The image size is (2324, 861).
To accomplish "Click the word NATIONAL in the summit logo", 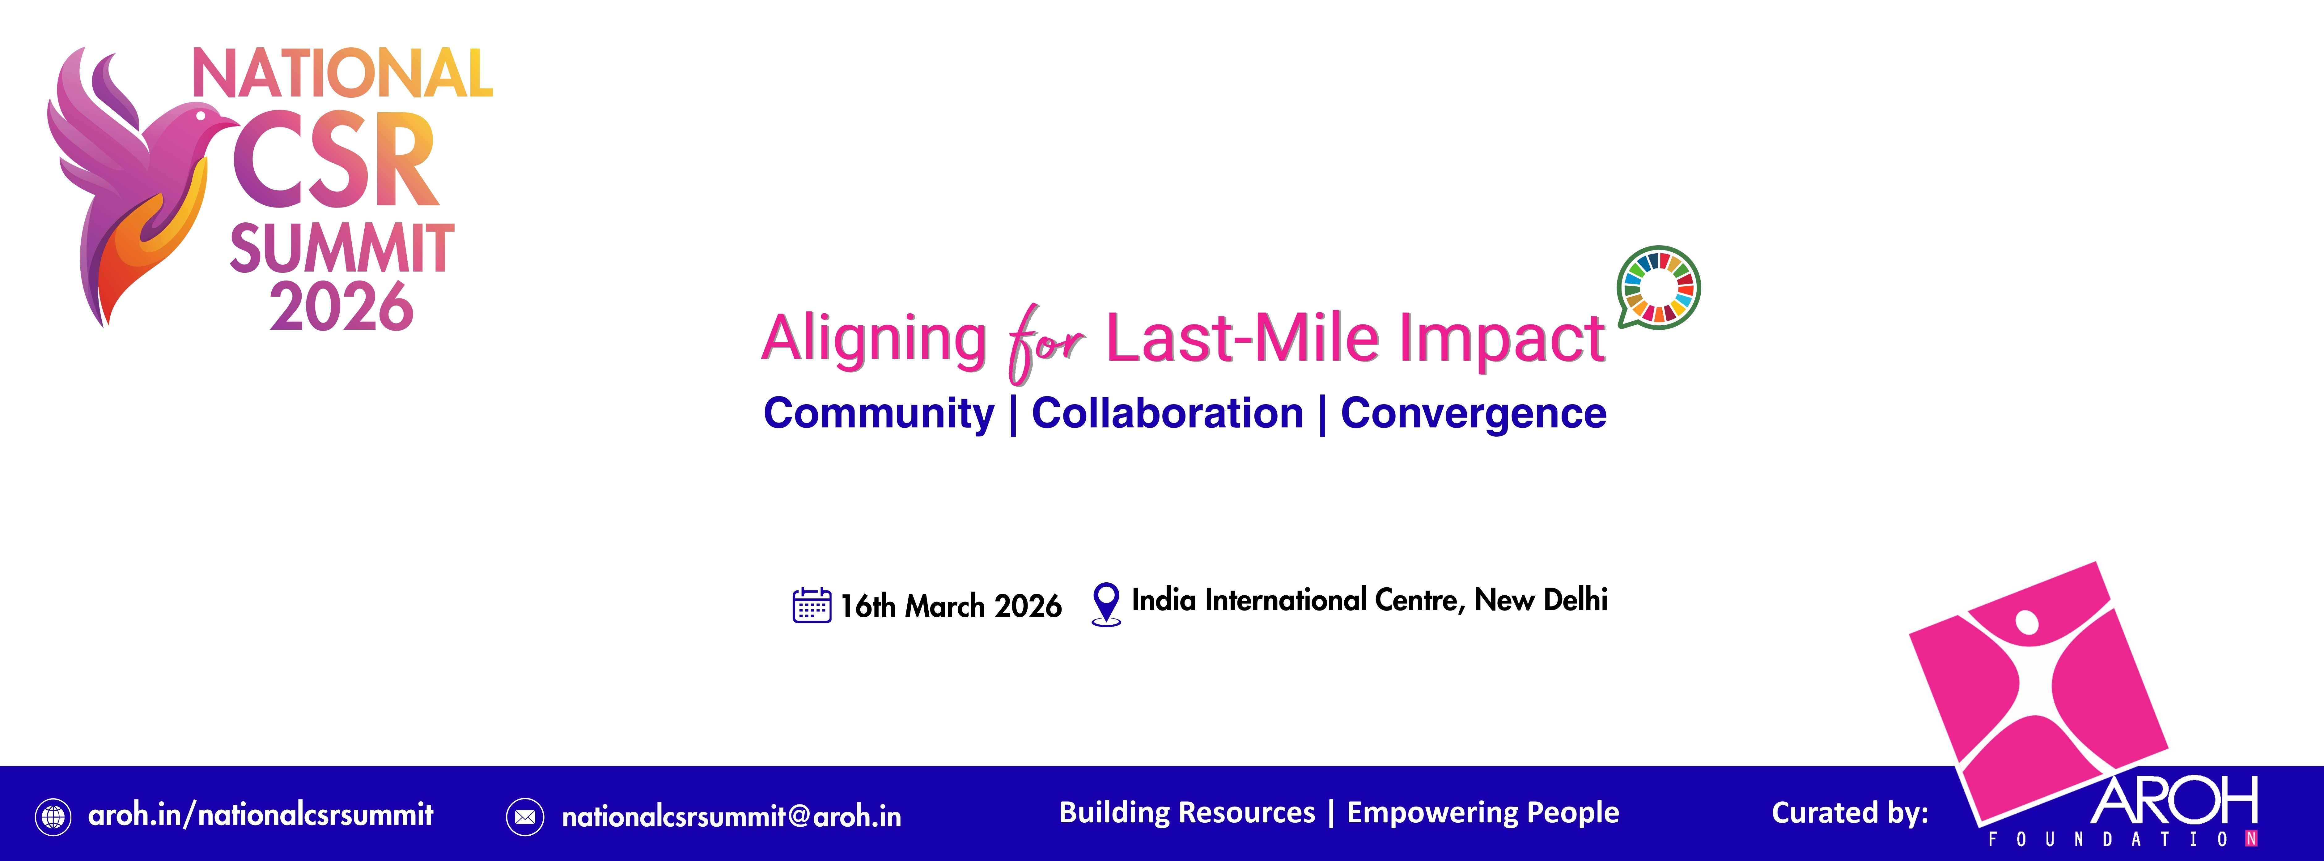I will pos(343,74).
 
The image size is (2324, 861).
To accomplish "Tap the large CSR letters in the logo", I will pos(336,161).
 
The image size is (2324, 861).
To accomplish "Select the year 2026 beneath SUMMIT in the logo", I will pos(341,307).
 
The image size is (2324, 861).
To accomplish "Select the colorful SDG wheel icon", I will pos(1658,287).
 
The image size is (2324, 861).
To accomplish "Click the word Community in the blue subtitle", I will pos(879,413).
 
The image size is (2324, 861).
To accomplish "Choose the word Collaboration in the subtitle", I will pos(1168,413).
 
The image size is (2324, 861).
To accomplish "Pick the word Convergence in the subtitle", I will pos(1473,413).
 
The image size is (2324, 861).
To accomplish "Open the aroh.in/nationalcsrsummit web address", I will pos(261,815).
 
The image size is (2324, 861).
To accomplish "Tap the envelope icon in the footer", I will pos(525,817).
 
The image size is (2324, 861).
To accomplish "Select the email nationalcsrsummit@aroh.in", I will pos(731,817).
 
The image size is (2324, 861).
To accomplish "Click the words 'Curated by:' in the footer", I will pos(1849,813).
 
